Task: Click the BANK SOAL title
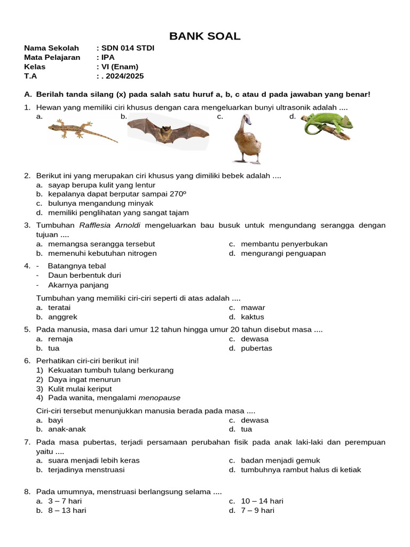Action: (205, 36)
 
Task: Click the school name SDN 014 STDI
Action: (128, 48)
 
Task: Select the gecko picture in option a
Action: (83, 130)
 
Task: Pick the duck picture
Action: (247, 139)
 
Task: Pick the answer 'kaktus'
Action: (253, 317)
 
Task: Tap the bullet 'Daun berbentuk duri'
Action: (84, 275)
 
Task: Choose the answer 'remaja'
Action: (60, 339)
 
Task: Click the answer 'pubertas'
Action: (256, 348)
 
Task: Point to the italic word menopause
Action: (160, 397)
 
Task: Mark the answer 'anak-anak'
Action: (67, 429)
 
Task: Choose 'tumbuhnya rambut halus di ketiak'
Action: (301, 470)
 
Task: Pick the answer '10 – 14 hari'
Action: (262, 501)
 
